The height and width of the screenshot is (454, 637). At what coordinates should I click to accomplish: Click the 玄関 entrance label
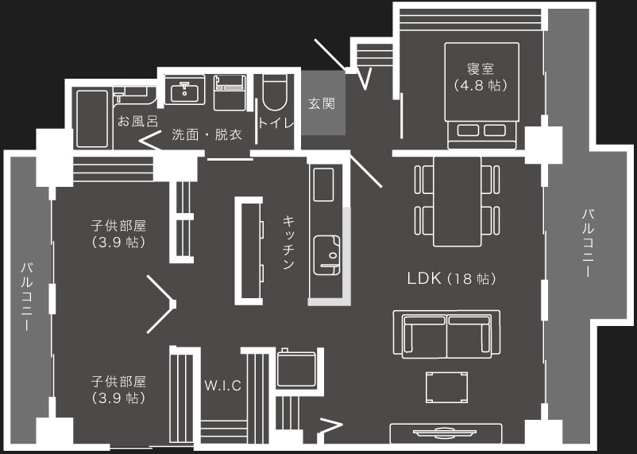pos(322,103)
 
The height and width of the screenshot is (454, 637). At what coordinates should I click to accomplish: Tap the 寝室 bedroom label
pos(481,68)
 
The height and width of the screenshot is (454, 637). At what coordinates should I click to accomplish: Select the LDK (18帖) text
pos(451,278)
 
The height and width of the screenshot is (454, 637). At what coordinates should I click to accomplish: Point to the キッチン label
pos(288,243)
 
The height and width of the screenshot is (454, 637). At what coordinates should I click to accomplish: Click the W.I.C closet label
pos(223,386)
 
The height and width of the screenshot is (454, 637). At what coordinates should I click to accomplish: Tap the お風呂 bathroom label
pos(137,121)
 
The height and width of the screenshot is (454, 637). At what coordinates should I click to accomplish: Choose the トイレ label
pos(276,123)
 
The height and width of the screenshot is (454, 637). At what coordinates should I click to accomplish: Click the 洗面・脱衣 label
pos(207,134)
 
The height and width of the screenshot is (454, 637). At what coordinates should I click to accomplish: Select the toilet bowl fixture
pos(275,92)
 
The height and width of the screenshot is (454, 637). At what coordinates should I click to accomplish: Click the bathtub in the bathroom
pos(92,118)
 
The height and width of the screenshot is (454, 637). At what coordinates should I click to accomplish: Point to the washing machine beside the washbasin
pos(230,93)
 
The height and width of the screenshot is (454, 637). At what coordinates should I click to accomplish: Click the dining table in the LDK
pos(457,201)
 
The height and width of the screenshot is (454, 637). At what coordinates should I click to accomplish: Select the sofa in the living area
pos(446,335)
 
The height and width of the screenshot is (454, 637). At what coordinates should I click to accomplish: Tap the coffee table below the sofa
pos(446,387)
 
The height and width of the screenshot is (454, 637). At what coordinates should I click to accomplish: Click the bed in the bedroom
pos(482,96)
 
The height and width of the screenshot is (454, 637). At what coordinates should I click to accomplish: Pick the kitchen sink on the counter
pos(327,255)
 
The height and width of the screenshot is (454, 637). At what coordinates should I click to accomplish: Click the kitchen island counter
pos(249,251)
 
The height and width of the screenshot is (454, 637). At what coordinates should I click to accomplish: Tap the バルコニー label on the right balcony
pos(588,243)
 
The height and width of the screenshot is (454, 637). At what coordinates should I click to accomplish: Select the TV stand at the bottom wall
pos(446,433)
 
